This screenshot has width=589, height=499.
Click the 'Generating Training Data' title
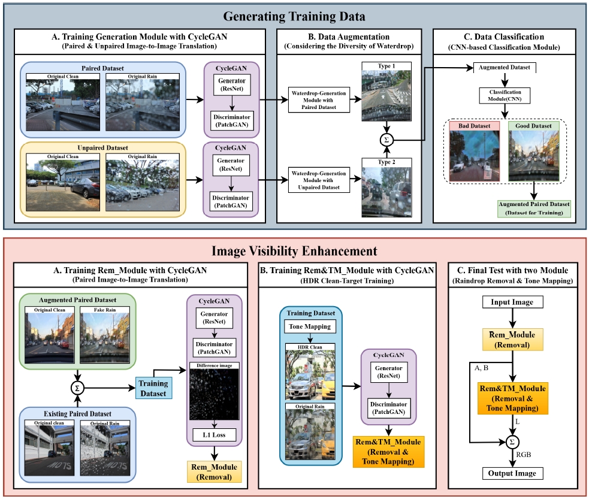coord(294,17)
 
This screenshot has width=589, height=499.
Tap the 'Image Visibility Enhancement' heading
coord(294,251)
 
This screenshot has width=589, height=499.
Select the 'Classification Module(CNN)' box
coord(505,95)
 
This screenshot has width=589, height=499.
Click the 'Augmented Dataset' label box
coord(504,68)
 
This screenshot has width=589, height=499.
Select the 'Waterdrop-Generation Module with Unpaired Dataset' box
coord(319,180)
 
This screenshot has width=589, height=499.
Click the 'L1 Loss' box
coord(214,435)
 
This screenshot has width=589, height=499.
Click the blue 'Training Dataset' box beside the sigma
coord(153,388)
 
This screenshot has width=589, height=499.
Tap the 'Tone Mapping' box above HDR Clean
coord(310,326)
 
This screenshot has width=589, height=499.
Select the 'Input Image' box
coord(512,302)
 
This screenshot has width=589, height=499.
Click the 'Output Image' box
coord(512,473)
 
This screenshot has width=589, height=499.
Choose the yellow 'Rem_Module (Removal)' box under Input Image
coord(512,340)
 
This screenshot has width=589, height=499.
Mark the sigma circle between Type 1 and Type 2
coord(386,140)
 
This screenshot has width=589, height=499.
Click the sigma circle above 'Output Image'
coord(512,442)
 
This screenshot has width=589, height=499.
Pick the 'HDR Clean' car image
coord(310,375)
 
